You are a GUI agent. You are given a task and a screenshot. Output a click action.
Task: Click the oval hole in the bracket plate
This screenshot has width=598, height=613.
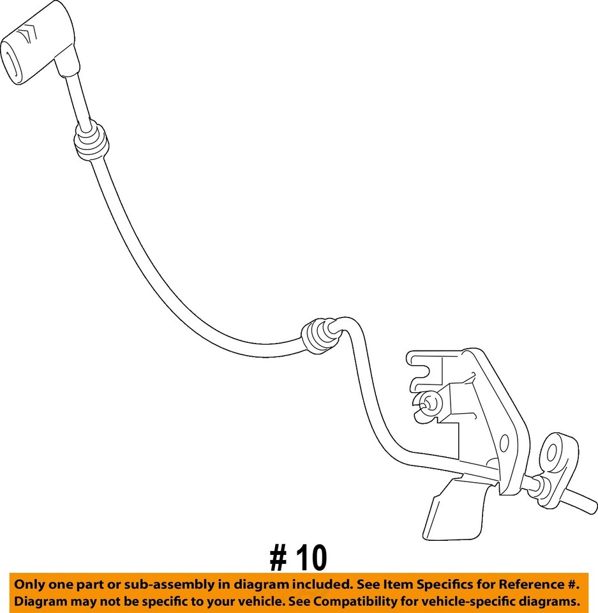tap(504, 443)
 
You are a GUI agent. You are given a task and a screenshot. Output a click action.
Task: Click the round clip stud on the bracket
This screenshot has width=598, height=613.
tap(428, 403)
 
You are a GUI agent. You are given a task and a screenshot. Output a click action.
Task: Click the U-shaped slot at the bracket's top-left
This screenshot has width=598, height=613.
tap(423, 368)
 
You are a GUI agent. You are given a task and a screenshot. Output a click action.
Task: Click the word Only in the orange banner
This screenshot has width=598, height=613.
tap(29, 585)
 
